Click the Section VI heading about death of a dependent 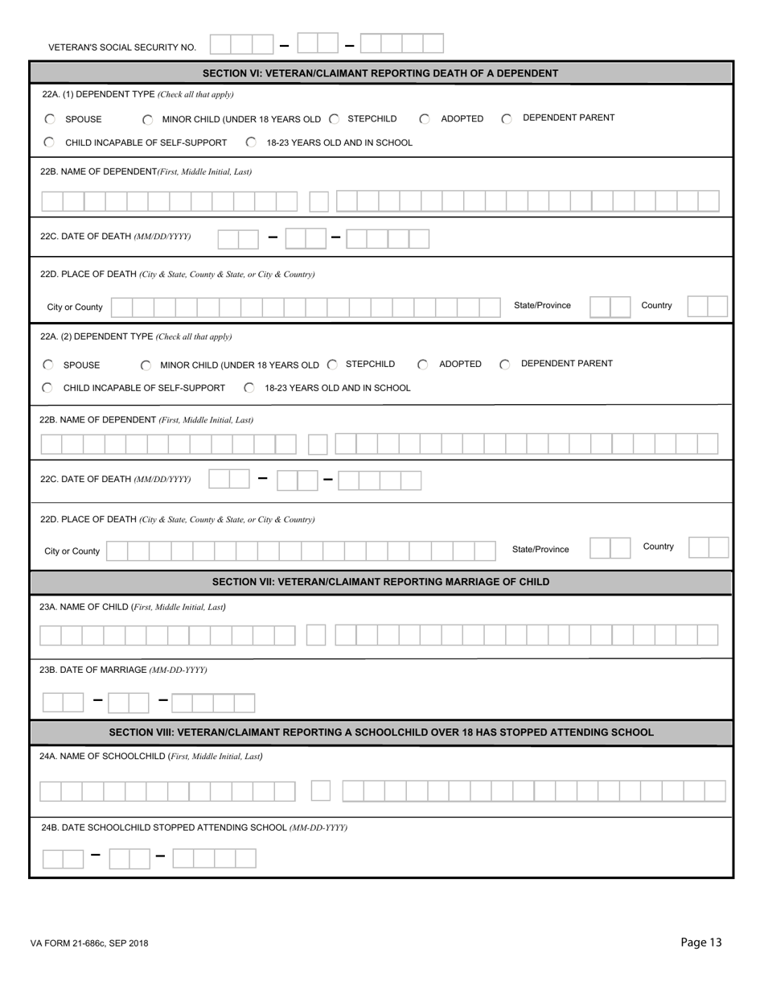(x=380, y=73)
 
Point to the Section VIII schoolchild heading (x=380, y=732)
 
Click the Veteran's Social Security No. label (x=122, y=47)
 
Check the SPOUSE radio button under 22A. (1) (x=50, y=119)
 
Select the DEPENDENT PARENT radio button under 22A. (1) (x=507, y=119)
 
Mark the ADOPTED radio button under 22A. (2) (x=423, y=365)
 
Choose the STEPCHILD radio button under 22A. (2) (x=333, y=365)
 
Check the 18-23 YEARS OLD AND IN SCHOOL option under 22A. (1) (x=251, y=142)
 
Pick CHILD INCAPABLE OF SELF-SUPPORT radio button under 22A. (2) (x=47, y=388)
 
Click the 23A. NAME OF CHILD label (x=132, y=607)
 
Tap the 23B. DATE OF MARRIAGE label (x=122, y=670)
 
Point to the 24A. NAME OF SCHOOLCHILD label (x=151, y=756)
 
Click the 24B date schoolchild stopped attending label (x=193, y=827)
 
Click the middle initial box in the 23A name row (x=316, y=636)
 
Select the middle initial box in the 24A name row (x=321, y=791)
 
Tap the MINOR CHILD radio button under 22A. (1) (x=147, y=120)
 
